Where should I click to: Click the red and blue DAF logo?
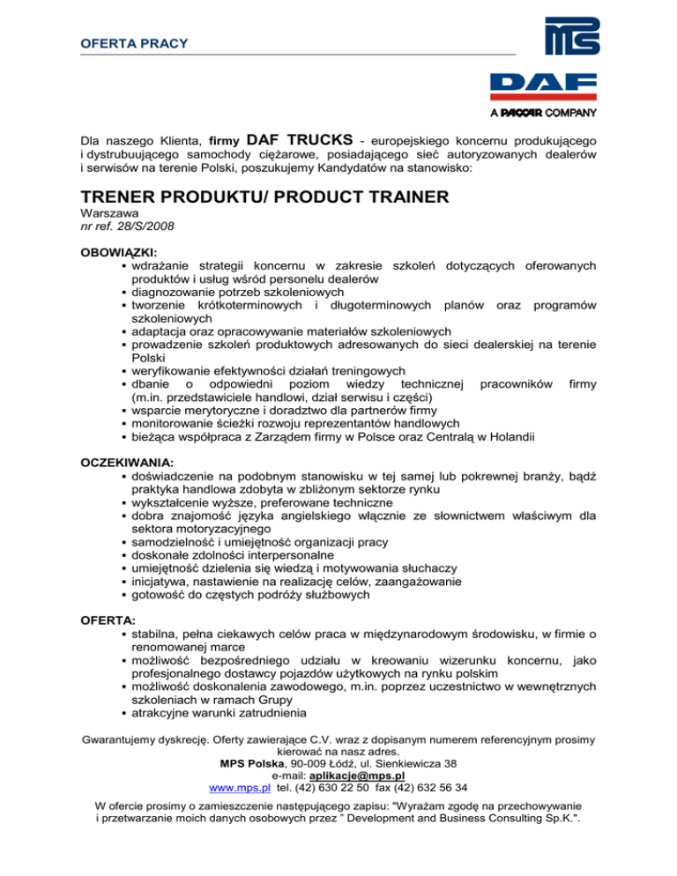point(542,87)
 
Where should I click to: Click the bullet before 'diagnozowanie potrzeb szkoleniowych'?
point(124,292)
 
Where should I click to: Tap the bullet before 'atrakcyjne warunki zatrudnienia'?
point(124,713)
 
